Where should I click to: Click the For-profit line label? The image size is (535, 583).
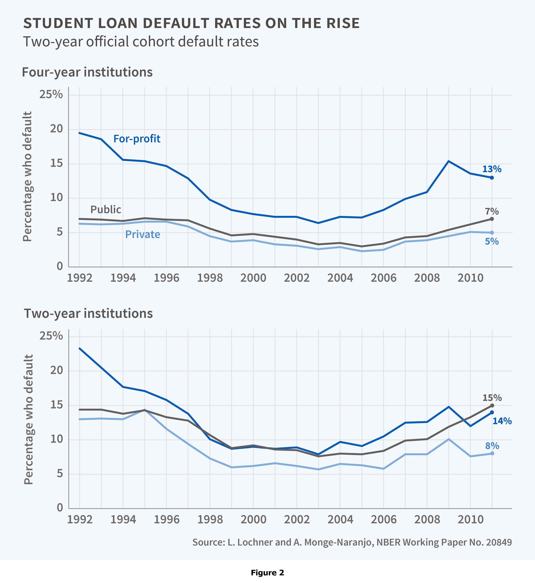137,139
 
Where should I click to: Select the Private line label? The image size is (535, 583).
142,234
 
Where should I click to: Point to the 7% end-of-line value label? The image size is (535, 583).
492,211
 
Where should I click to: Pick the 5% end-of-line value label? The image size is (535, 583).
492,241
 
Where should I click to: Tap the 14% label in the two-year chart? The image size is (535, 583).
502,421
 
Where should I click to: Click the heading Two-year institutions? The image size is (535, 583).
88,314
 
